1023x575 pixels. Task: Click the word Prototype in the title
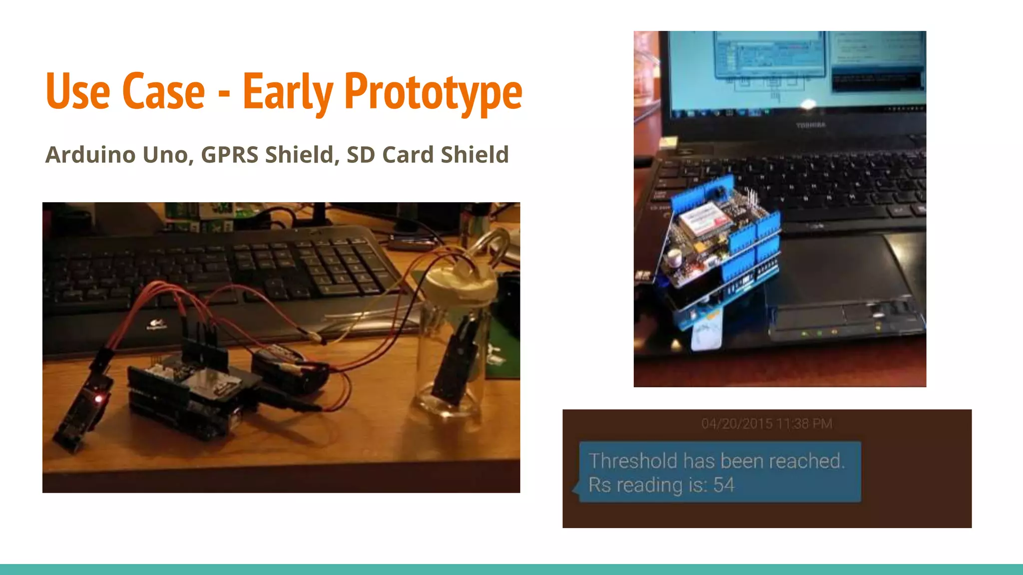(433, 92)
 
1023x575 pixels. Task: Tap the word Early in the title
(288, 92)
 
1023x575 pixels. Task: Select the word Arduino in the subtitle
(90, 155)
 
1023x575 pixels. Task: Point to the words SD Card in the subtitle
(390, 155)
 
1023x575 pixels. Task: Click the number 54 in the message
(724, 485)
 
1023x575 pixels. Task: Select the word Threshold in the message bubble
(633, 461)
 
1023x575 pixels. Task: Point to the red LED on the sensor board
(98, 399)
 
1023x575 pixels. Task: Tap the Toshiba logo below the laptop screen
(811, 125)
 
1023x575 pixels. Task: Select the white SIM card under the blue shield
(707, 334)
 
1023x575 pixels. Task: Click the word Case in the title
(163, 92)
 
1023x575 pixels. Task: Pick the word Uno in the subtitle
(165, 155)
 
